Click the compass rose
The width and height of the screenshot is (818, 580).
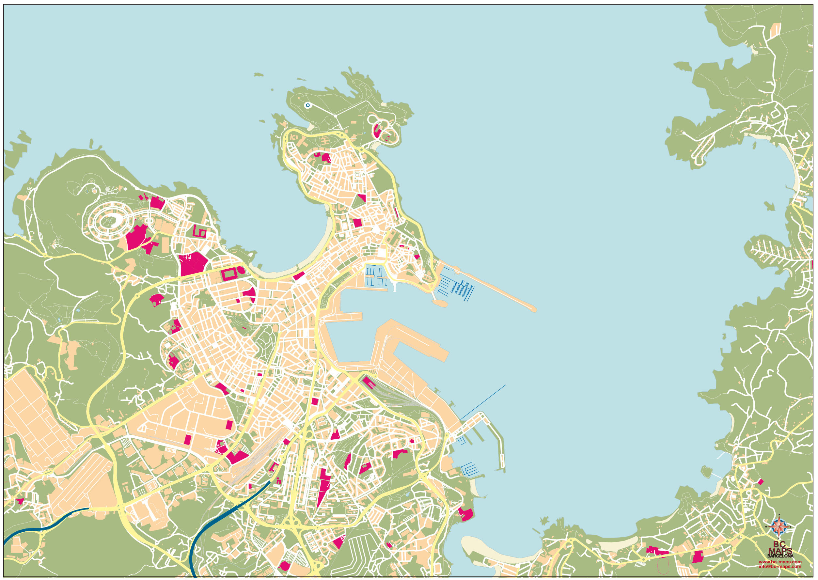[779, 527]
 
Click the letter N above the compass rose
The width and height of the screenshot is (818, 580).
[779, 515]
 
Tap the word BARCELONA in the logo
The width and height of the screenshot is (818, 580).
[780, 556]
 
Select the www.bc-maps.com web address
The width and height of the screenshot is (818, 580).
[780, 562]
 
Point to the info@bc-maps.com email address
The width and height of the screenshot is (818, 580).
[780, 566]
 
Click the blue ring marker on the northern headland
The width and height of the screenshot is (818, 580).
[307, 105]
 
